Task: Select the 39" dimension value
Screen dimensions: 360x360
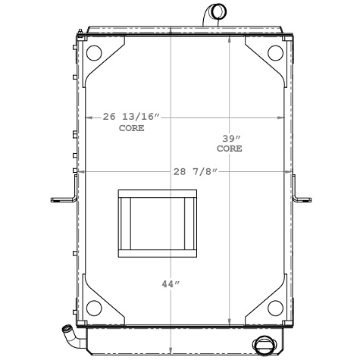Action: [x=230, y=139]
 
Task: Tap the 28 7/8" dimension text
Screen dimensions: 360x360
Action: [x=195, y=173]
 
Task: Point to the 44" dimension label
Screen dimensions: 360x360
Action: [x=169, y=283]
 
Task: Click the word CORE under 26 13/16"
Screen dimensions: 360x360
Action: [x=130, y=129]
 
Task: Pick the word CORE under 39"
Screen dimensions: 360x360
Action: [x=230, y=149]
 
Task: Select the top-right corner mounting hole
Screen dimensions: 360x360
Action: [x=277, y=54]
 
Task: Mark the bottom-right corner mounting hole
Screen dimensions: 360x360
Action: [x=277, y=307]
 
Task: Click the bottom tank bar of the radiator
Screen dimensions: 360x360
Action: [x=182, y=341]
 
